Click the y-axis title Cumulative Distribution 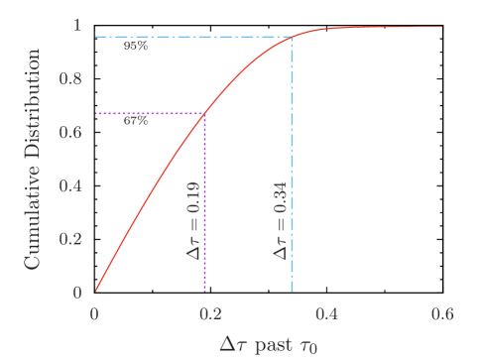(x=33, y=164)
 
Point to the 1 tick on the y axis (x=77, y=25)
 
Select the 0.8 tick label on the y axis (x=71, y=78)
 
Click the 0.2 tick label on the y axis (x=71, y=239)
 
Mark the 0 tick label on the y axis (x=77, y=293)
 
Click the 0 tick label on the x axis (x=94, y=312)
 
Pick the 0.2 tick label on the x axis (x=210, y=312)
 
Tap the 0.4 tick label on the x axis (x=326, y=312)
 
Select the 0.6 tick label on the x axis (x=442, y=312)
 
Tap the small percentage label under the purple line (x=136, y=122)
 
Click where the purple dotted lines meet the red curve (x=204, y=113)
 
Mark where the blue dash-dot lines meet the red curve (x=292, y=38)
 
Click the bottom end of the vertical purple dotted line (x=204, y=292)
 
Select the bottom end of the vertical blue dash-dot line (x=292, y=292)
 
